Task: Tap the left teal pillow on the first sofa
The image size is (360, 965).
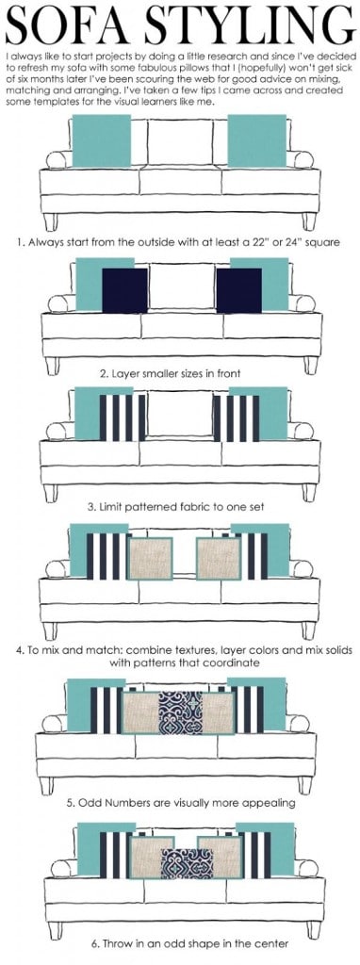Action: pos(102,141)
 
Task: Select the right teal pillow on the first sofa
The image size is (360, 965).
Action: pos(256,141)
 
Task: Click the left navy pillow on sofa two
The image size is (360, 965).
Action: pos(124,290)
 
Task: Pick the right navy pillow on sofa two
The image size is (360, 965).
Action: pos(238,290)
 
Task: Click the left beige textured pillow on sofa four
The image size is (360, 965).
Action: pos(150,558)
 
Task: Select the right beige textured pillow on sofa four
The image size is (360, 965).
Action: pos(219,558)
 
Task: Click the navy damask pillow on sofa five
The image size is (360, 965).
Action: pos(180,712)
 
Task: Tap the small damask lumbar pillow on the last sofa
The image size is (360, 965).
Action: pos(188,863)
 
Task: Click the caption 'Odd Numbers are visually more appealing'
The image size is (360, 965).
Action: pos(180,803)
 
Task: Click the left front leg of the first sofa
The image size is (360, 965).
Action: pos(51,221)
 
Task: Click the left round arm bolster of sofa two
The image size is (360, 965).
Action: pos(57,303)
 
